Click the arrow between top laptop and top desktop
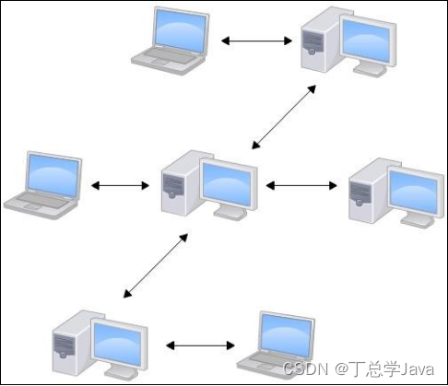255,41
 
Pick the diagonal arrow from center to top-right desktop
284,117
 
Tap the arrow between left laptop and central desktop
120,185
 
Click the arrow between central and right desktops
302,185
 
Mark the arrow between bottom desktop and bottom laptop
200,346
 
